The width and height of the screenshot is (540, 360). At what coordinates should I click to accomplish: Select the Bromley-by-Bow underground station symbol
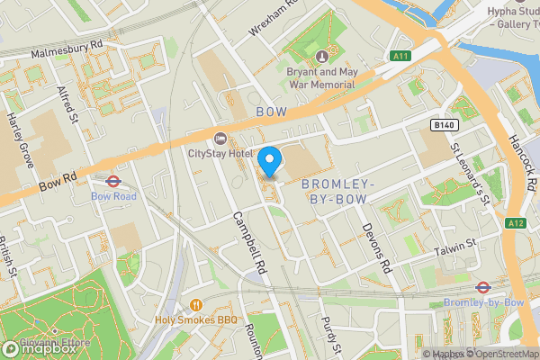(x=482, y=288)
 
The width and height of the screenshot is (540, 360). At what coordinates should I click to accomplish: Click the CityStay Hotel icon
(x=220, y=138)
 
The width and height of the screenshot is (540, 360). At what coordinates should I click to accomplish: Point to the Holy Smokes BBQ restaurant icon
(x=195, y=303)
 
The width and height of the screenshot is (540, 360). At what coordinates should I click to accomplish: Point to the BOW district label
(x=271, y=112)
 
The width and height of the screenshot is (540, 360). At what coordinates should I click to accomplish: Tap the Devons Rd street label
(x=379, y=247)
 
